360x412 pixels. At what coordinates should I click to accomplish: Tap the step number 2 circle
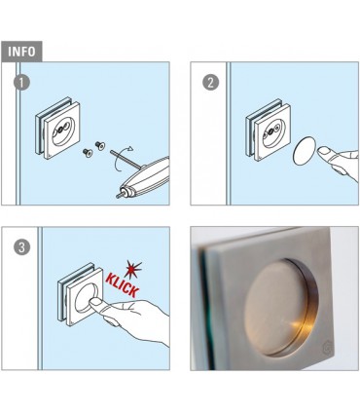209,83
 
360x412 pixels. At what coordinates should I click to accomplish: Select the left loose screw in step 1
85,153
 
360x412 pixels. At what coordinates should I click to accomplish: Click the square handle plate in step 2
264,133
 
